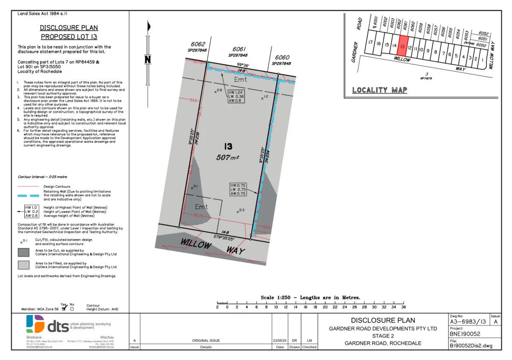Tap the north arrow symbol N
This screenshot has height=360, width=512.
coord(148,59)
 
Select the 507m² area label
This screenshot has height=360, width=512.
coord(227,157)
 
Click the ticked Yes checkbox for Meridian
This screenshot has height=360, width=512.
coord(64,308)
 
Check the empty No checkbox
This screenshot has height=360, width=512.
coord(72,308)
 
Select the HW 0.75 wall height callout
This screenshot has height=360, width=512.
coord(238,189)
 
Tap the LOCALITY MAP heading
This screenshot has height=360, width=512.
coord(379,90)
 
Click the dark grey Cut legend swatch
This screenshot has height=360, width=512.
coord(23,252)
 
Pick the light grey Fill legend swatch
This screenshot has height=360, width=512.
coord(23,265)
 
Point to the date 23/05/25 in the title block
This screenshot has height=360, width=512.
coord(280,340)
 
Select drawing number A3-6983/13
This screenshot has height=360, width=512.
coord(468,322)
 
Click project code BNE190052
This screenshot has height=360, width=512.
coord(465,334)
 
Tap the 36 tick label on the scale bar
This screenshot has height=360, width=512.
coord(403,307)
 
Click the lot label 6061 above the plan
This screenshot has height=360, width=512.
coord(240,49)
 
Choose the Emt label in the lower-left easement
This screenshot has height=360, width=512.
coord(201,206)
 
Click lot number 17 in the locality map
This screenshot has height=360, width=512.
coord(370,43)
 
